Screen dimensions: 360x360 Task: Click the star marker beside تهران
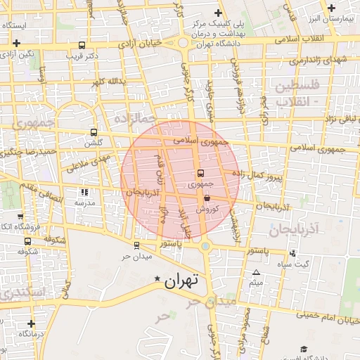(x=157, y=279)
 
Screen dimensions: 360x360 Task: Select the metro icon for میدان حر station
(x=136, y=245)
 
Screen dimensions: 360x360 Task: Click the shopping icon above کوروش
(x=206, y=199)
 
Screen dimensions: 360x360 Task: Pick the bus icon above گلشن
(x=94, y=131)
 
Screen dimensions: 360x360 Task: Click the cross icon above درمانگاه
(x=31, y=324)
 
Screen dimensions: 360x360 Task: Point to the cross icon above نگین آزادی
(x=16, y=43)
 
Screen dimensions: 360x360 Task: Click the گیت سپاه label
(x=313, y=264)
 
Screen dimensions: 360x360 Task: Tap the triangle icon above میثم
(x=256, y=272)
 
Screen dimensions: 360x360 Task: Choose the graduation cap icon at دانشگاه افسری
(x=304, y=349)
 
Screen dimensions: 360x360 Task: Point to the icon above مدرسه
(x=85, y=191)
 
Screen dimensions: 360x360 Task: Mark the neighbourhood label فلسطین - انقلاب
(x=296, y=93)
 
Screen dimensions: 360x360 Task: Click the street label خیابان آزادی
(x=141, y=44)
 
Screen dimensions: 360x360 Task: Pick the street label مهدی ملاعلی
(x=90, y=162)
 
